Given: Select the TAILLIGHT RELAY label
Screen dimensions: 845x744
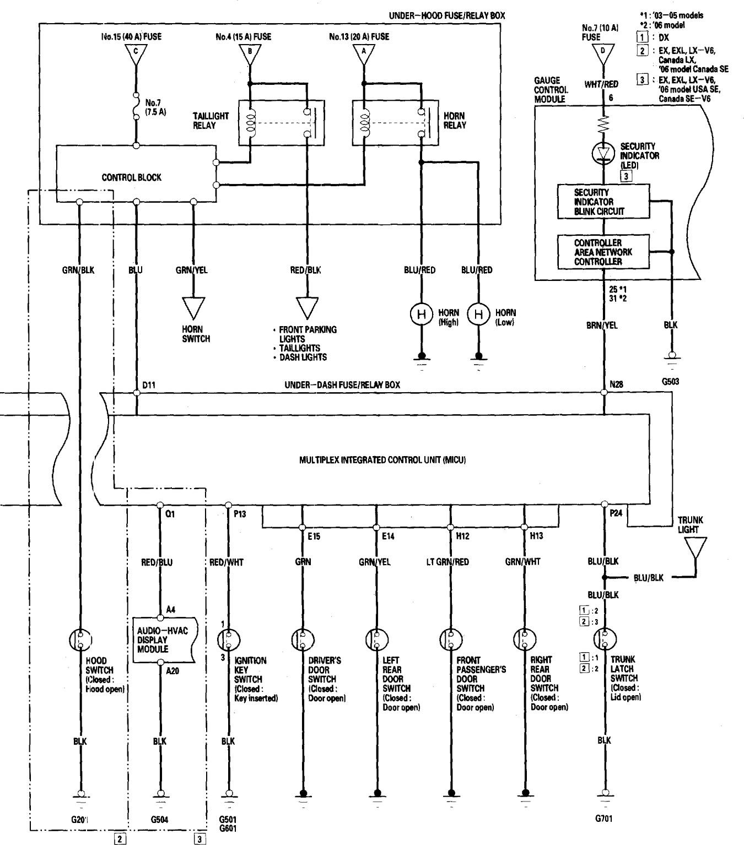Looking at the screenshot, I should click(211, 121).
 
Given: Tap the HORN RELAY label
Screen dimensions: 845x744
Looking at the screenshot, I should click(454, 121).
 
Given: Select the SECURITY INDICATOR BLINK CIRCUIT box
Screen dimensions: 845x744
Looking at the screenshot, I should click(603, 202).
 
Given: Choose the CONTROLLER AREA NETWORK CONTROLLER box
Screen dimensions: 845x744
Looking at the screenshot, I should click(603, 252).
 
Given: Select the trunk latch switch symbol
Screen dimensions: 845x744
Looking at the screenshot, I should click(604, 640).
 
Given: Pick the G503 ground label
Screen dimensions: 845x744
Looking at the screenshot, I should click(671, 380).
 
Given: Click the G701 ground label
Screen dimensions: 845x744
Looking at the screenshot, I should click(603, 819).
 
